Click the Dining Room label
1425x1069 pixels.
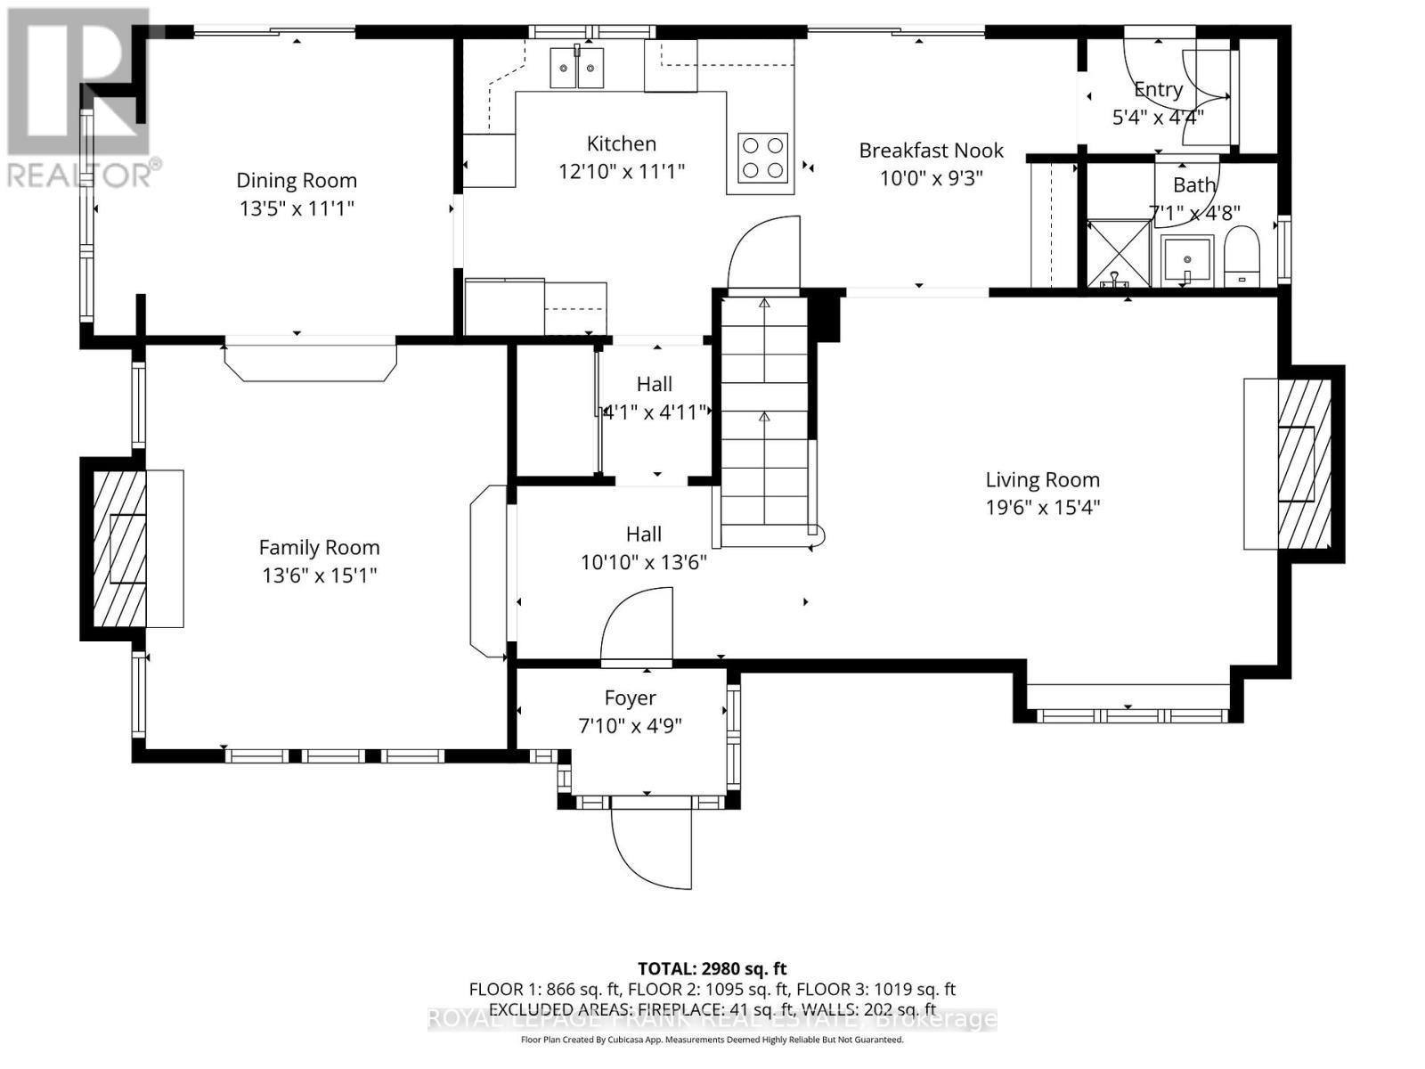coord(297,180)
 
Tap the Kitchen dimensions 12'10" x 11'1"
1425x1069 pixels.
coord(621,171)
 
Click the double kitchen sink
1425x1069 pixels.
coord(576,68)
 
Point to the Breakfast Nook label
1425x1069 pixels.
coord(931,151)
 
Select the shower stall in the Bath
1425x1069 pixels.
coord(1119,253)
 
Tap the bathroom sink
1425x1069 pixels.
coord(1186,260)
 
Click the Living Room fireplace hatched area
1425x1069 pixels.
coord(1305,464)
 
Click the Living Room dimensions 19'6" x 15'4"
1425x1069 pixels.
coord(1042,508)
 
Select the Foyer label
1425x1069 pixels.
coord(630,698)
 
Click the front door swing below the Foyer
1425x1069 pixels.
coord(651,846)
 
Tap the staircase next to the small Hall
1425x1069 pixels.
coord(763,419)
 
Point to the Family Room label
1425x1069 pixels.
coord(319,547)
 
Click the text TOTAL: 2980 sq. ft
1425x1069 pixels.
coord(712,968)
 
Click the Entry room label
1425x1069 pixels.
coord(1158,89)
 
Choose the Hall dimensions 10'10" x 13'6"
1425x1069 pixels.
coord(643,562)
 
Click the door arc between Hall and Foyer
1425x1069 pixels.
coord(636,624)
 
